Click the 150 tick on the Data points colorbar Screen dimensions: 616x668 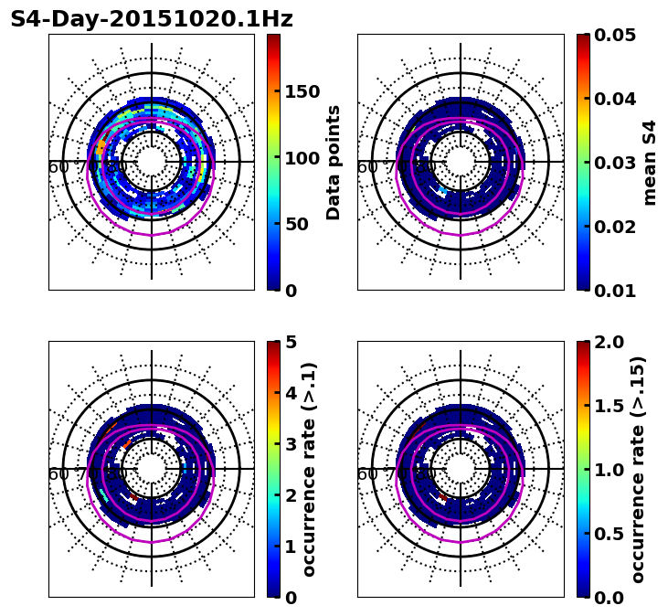(302, 91)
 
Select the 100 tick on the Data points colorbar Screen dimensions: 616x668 (302, 158)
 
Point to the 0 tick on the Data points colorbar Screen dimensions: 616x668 (290, 291)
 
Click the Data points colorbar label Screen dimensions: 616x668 (334, 163)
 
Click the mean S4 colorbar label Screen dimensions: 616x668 (650, 163)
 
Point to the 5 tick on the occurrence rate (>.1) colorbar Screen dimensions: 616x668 (290, 342)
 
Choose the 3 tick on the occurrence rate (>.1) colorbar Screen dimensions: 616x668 (290, 444)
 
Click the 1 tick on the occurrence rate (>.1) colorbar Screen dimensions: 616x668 (290, 547)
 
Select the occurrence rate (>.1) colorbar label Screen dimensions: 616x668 (310, 470)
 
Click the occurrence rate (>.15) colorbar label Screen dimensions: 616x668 (638, 470)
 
